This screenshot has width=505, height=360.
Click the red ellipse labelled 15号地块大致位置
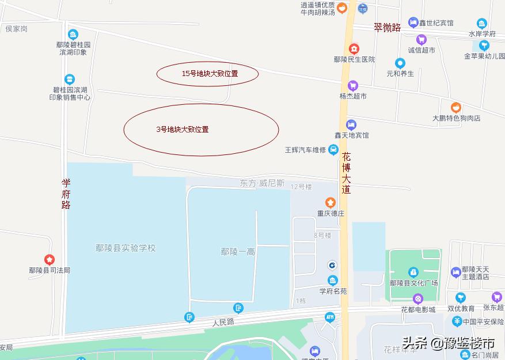click(x=207, y=74)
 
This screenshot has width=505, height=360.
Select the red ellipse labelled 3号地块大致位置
click(x=201, y=130)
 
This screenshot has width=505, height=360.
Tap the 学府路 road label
click(x=66, y=194)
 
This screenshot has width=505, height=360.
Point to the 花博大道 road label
click(x=346, y=173)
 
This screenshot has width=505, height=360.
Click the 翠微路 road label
click(x=387, y=27)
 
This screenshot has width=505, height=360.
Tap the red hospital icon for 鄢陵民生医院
click(x=354, y=48)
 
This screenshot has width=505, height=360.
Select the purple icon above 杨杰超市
click(x=353, y=85)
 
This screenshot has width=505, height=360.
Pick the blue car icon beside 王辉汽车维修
click(x=333, y=150)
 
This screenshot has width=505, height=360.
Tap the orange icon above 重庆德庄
click(x=331, y=202)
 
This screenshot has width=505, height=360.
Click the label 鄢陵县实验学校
click(x=126, y=248)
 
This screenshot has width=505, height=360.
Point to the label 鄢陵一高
click(x=238, y=252)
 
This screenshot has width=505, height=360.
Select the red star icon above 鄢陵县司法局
click(x=50, y=260)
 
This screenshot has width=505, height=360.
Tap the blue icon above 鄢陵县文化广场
click(x=413, y=272)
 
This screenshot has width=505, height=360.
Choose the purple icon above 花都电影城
click(x=418, y=298)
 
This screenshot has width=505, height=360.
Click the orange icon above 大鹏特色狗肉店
click(x=456, y=107)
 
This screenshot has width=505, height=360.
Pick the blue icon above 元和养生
click(x=400, y=63)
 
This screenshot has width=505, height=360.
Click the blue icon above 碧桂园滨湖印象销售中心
click(x=70, y=79)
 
